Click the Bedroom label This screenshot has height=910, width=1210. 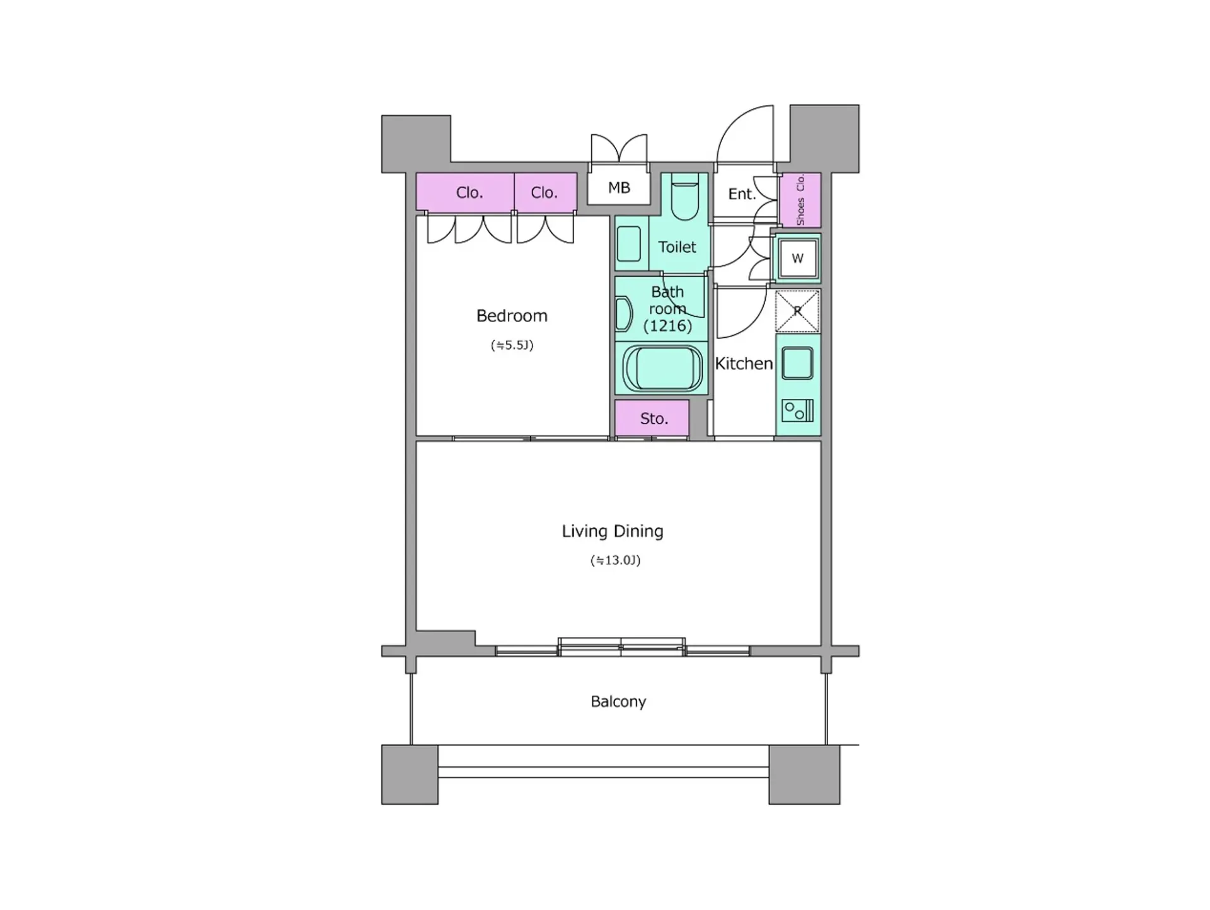pyautogui.click(x=512, y=316)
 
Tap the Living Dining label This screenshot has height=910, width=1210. pyautogui.click(x=613, y=531)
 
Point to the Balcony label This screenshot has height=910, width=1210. pyautogui.click(x=618, y=701)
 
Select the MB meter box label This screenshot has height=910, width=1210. pyautogui.click(x=619, y=187)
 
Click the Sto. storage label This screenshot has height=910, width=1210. pyautogui.click(x=654, y=418)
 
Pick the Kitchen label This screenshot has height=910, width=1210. pyautogui.click(x=744, y=364)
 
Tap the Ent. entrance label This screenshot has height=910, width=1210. pyautogui.click(x=742, y=194)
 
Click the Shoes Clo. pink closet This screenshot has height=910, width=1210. pyautogui.click(x=800, y=200)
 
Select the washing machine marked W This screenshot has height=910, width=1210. pyautogui.click(x=797, y=258)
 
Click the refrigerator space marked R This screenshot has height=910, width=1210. pyautogui.click(x=797, y=311)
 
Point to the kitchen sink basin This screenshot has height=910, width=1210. pyautogui.click(x=797, y=364)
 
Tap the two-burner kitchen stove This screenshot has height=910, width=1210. pyautogui.click(x=797, y=411)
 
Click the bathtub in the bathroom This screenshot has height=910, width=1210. pyautogui.click(x=662, y=369)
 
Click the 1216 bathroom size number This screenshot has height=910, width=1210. pyautogui.click(x=667, y=326)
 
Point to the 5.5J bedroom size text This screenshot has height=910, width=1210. pyautogui.click(x=512, y=345)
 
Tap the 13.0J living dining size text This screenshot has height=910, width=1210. pyautogui.click(x=615, y=560)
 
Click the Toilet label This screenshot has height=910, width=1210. pyautogui.click(x=677, y=247)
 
